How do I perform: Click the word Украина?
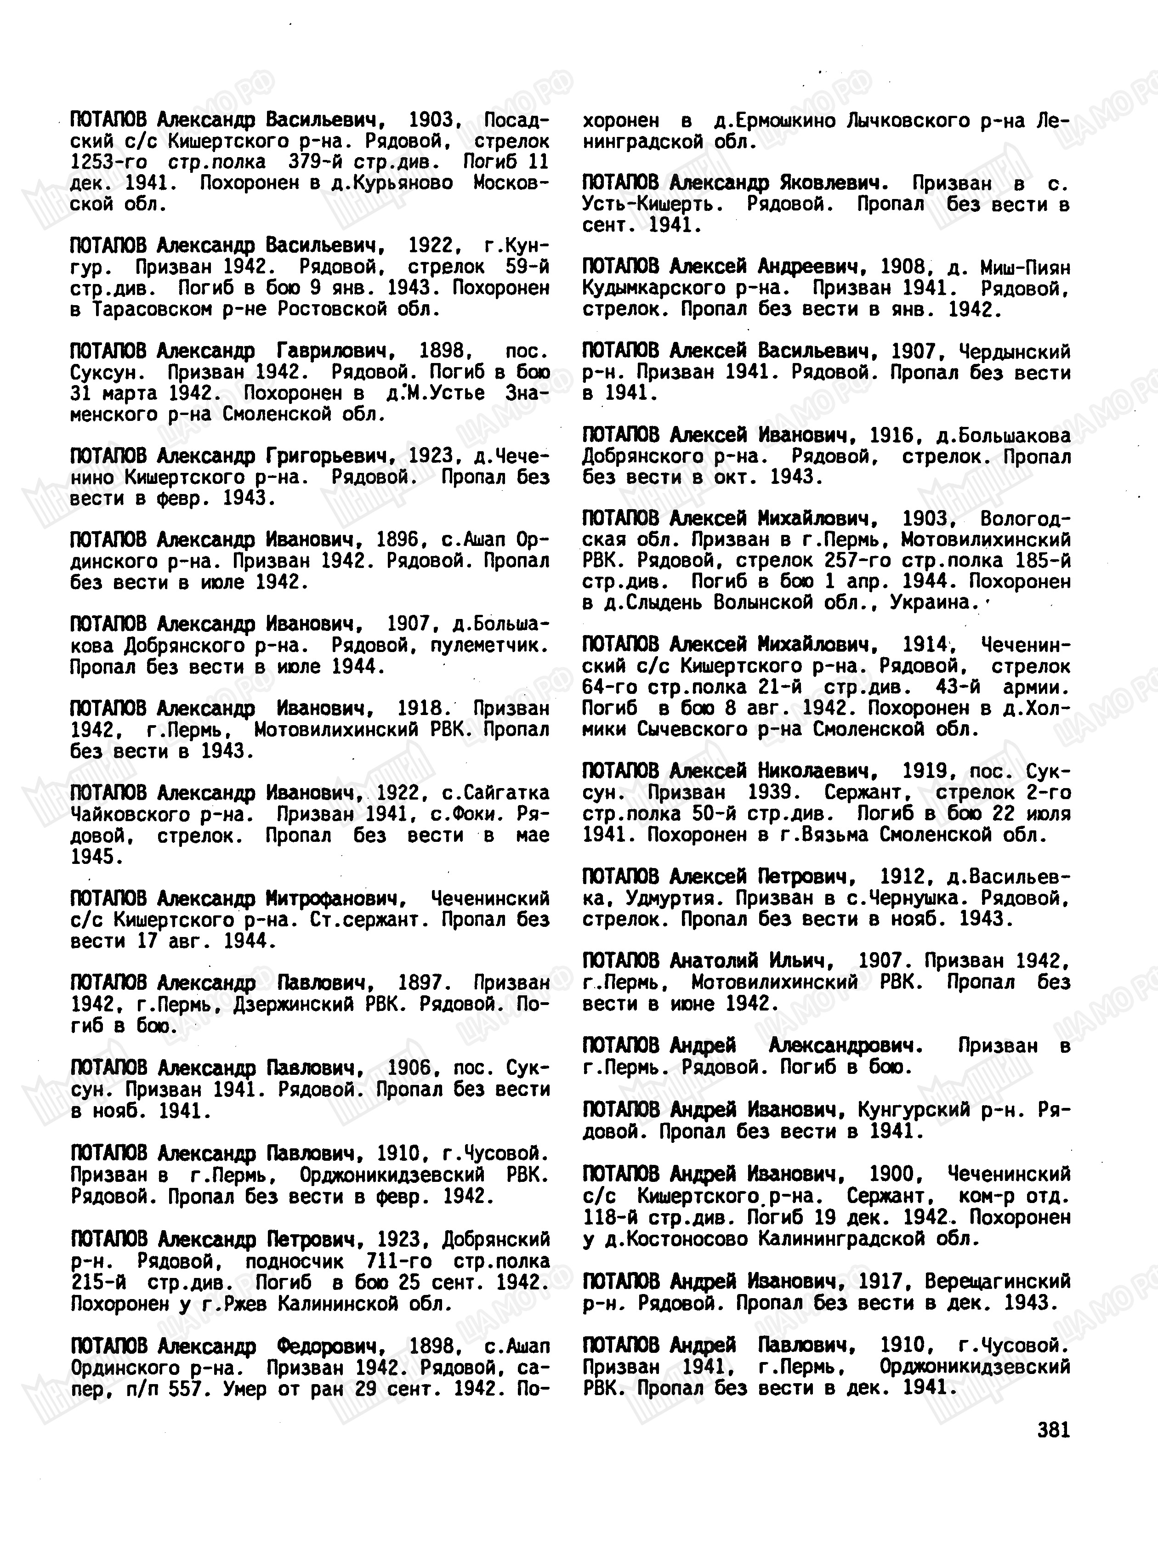click(935, 602)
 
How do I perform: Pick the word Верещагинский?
click(998, 1282)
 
